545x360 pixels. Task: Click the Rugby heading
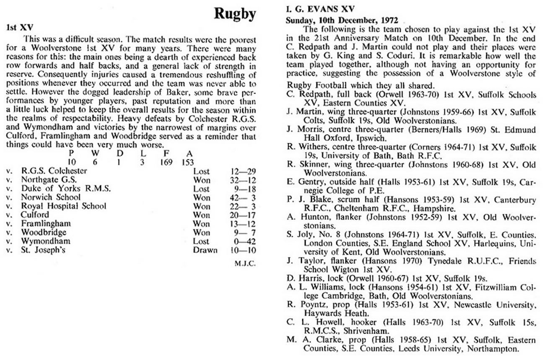coord(235,14)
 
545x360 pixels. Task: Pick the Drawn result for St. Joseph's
coord(205,250)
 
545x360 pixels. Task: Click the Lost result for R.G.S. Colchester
coord(201,171)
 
